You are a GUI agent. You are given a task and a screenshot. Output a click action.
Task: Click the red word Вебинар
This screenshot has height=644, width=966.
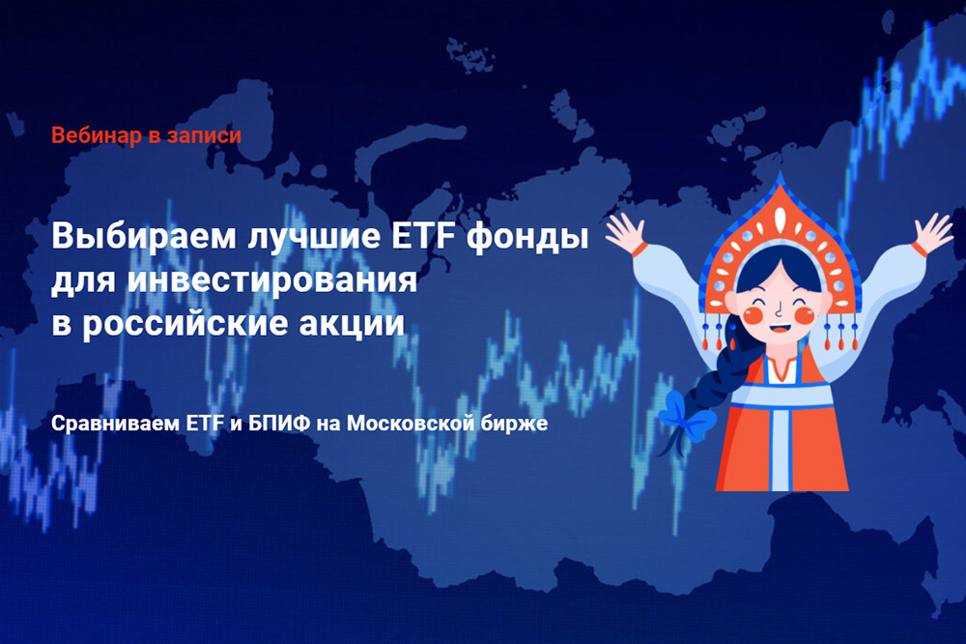(96, 135)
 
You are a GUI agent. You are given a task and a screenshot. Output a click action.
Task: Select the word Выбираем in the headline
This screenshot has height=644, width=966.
(144, 237)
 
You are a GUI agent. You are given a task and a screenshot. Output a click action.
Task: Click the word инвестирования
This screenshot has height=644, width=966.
(272, 280)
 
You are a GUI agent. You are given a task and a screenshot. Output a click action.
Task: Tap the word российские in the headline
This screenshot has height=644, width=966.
(185, 324)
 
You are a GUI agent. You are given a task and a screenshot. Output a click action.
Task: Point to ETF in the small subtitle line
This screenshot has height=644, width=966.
(205, 424)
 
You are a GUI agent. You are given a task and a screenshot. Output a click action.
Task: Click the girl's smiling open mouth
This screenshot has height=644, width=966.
(780, 327)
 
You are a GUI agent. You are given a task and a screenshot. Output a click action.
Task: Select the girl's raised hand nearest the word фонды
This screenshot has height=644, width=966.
(625, 233)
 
